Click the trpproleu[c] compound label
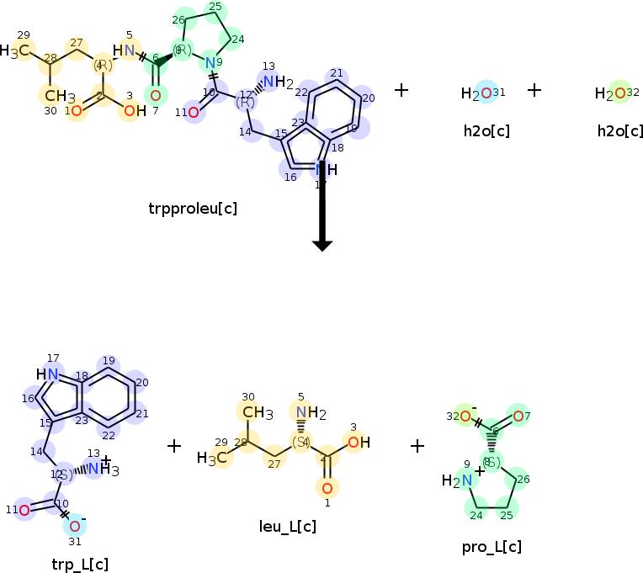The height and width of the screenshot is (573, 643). tap(192, 208)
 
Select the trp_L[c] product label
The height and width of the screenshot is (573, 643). tap(80, 564)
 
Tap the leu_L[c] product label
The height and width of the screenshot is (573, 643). tap(288, 527)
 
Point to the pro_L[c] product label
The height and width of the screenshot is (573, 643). tap(492, 547)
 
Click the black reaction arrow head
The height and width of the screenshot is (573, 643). tap(322, 244)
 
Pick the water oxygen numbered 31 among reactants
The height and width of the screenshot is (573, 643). tap(485, 93)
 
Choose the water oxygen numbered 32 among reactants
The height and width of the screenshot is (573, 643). tap(619, 93)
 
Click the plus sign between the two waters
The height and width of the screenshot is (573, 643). tap(534, 89)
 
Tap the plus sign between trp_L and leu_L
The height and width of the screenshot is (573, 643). tap(174, 445)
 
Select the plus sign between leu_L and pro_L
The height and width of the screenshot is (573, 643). tap(417, 445)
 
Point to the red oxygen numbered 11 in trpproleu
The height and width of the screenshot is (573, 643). tap(194, 112)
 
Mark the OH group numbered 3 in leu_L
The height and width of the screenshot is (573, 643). tap(354, 442)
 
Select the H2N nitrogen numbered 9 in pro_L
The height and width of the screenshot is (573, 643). tap(455, 480)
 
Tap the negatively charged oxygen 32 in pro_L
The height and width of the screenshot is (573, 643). tap(464, 416)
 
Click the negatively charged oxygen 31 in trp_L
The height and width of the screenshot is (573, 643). tap(74, 526)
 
